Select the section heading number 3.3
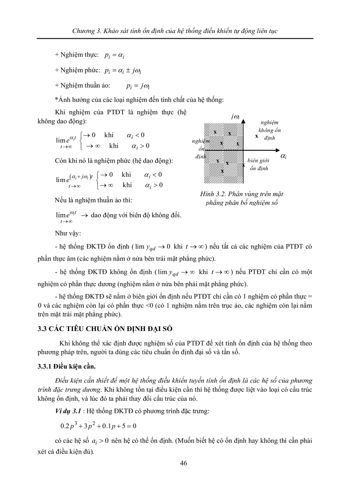(x=42, y=328)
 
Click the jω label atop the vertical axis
(x=235, y=117)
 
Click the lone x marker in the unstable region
(x=257, y=136)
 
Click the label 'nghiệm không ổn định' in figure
(x=269, y=130)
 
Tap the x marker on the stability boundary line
(x=243, y=165)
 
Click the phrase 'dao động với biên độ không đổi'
(x=136, y=216)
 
